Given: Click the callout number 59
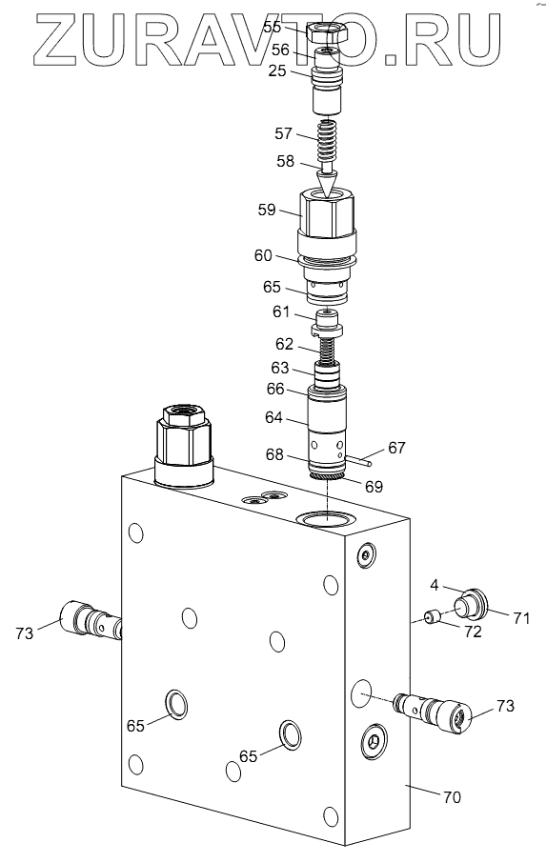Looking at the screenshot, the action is (267, 210).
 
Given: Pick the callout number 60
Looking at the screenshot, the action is (263, 255).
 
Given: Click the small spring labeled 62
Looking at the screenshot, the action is (328, 350).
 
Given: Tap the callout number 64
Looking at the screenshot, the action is (273, 418).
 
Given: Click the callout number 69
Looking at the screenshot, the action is (374, 487).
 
